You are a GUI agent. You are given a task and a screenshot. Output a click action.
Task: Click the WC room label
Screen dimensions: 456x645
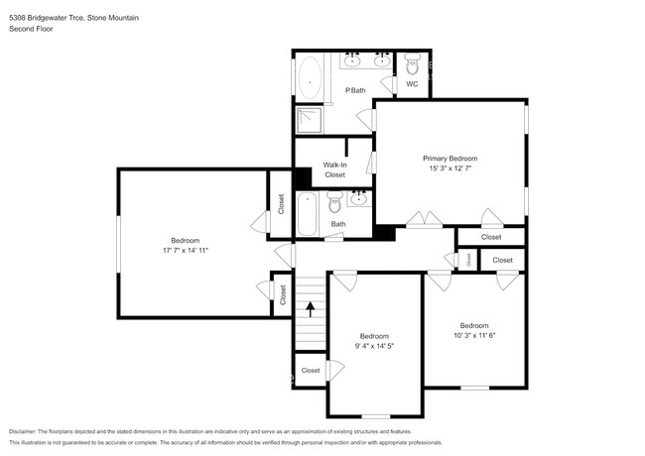pos(412,84)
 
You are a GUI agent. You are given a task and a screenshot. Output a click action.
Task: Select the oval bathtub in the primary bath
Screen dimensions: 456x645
pos(310,75)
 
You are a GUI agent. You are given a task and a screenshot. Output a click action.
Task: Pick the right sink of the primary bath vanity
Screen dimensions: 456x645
pos(382,61)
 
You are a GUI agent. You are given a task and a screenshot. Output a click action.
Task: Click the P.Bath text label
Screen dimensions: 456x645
pos(354,91)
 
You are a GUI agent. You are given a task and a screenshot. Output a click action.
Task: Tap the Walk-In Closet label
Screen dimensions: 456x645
pos(334,170)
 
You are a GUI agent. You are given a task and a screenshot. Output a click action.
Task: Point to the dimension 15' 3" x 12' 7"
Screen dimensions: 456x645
pos(450,169)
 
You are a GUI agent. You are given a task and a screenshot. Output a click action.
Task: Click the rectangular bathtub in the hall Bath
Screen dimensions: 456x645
pos(308,214)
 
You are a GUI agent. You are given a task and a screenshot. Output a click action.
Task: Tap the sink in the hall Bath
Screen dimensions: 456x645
pos(358,198)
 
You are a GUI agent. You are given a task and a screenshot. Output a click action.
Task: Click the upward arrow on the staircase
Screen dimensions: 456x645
pos(310,309)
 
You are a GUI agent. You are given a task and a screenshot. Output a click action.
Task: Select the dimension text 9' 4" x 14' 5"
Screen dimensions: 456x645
pos(374,346)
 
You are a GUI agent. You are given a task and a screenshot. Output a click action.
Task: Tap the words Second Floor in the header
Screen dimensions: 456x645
pos(32,30)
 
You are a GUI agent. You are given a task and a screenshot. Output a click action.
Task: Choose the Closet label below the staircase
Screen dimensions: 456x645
pos(311,371)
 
